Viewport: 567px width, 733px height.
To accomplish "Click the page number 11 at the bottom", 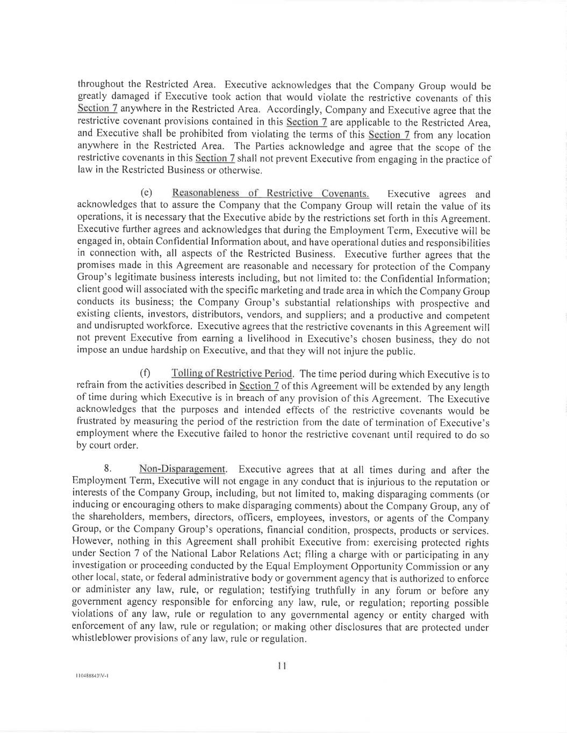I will click(282, 666).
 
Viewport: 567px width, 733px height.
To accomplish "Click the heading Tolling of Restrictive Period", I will click(232, 374).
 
